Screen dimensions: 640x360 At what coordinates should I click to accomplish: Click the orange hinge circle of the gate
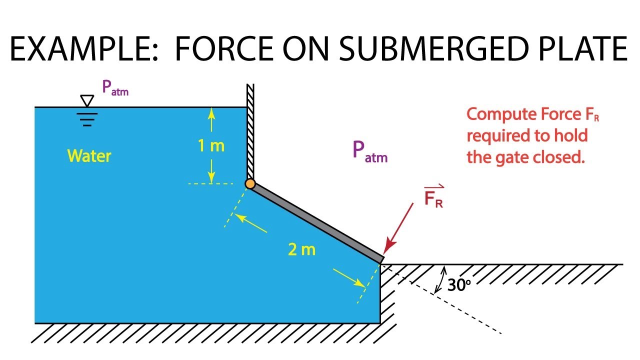coord(250,183)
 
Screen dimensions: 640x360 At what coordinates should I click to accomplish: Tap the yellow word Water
coord(89,156)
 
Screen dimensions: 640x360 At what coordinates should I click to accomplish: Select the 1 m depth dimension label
coord(211,145)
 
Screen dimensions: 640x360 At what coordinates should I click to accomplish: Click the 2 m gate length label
coord(301,249)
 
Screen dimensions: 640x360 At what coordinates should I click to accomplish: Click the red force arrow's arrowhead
coord(389,247)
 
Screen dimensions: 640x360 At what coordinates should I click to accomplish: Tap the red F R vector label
coord(433,196)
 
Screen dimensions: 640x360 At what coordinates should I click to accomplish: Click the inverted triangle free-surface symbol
coord(87,100)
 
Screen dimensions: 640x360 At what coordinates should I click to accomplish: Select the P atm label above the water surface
coord(115,87)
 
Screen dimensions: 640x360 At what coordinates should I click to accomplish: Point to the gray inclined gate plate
coord(315,223)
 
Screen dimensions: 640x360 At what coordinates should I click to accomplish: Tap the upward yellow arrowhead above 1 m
coord(211,113)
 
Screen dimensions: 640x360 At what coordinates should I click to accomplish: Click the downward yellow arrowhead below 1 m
coord(211,177)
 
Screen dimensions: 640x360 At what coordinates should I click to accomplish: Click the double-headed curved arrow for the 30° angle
coord(440,280)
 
